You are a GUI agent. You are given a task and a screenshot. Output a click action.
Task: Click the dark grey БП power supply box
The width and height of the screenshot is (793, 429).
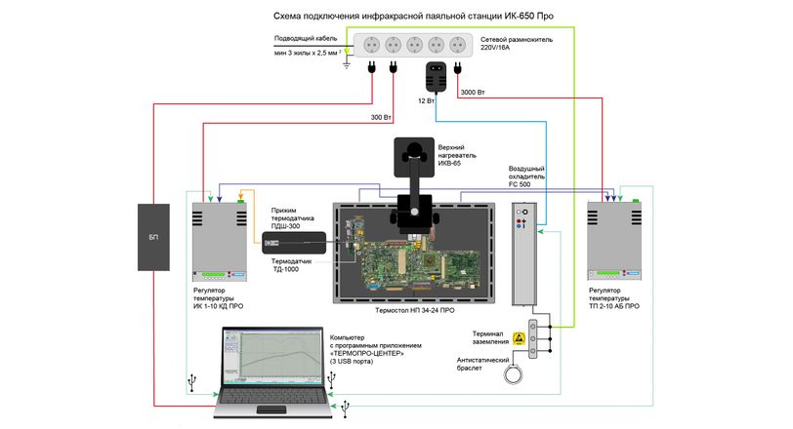pyautogui.click(x=153, y=237)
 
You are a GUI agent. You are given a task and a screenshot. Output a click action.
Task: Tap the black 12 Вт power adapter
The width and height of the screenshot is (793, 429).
pyautogui.click(x=436, y=76)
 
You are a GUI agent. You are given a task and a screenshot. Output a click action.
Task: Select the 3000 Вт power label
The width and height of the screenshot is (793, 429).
pyautogui.click(x=473, y=93)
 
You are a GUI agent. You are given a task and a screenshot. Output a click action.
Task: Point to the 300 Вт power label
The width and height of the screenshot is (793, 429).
pyautogui.click(x=381, y=118)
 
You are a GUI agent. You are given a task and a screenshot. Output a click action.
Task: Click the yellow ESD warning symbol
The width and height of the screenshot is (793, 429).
pyautogui.click(x=519, y=338)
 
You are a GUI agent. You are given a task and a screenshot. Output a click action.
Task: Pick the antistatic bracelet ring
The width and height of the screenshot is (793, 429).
pyautogui.click(x=514, y=374)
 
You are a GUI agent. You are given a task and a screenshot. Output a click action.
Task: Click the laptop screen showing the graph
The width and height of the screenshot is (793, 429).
pyautogui.click(x=273, y=356)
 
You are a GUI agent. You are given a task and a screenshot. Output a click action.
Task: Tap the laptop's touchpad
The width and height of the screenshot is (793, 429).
pyautogui.click(x=271, y=409)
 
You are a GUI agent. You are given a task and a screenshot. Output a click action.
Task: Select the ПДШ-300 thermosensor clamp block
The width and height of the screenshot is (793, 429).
pyautogui.click(x=294, y=243)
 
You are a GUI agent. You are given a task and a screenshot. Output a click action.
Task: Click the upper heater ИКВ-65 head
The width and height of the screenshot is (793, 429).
pyautogui.click(x=414, y=157)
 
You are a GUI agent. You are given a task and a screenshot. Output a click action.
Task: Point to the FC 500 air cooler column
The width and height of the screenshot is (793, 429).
pyautogui.click(x=524, y=253)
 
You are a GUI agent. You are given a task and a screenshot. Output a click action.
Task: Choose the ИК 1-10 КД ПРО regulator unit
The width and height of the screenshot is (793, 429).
pyautogui.click(x=220, y=242)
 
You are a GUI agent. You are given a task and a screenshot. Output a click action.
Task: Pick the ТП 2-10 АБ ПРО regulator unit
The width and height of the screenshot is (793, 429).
pyautogui.click(x=614, y=241)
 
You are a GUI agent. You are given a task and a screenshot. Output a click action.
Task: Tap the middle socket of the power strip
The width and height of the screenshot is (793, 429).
pyautogui.click(x=414, y=45)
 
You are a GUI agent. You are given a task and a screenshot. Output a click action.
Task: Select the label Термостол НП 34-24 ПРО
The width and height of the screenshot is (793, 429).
pyautogui.click(x=415, y=310)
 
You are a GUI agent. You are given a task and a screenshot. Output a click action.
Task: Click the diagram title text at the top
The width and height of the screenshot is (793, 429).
pyautogui.click(x=413, y=17)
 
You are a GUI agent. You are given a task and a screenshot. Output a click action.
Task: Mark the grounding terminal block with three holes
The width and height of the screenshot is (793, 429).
pyautogui.click(x=532, y=338)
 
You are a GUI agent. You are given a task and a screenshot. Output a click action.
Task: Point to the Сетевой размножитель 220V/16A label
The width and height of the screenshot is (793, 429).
pyautogui.click(x=517, y=44)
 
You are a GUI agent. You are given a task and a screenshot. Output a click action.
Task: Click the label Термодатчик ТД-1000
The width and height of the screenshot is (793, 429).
pyautogui.click(x=291, y=265)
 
